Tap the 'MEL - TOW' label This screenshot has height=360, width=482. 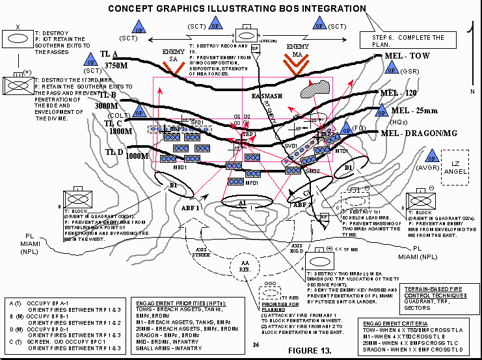click(x=407, y=57)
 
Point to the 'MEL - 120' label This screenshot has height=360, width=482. click(x=403, y=93)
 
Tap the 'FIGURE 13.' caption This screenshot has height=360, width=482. click(x=308, y=348)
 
